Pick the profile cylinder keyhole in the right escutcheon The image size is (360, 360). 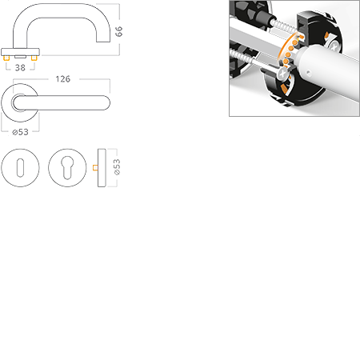click(67, 167)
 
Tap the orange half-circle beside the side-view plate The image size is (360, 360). click(95, 167)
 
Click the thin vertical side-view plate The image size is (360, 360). click(103, 167)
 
